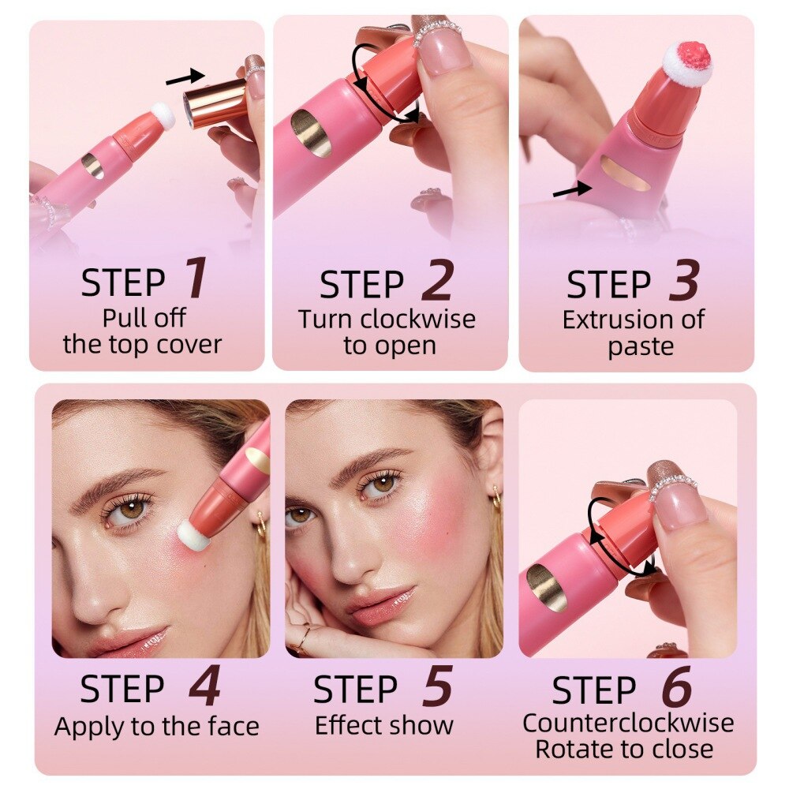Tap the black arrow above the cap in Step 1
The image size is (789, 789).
185,77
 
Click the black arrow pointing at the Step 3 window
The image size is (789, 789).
570,189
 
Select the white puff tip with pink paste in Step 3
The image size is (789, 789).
687,62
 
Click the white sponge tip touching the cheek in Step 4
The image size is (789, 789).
192,537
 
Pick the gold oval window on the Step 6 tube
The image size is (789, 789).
547,587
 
